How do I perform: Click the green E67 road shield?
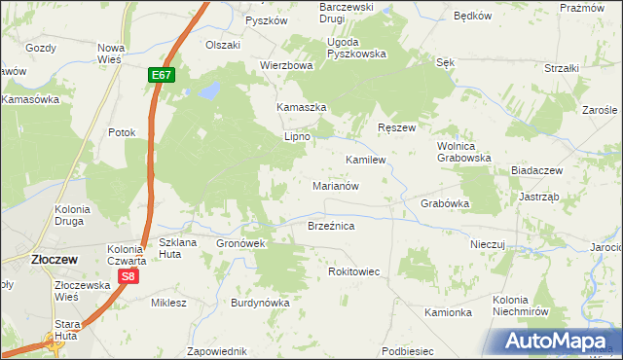162,75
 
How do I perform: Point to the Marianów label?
337,185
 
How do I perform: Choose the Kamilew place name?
366,158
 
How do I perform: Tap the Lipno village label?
296,137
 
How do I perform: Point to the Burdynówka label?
260,303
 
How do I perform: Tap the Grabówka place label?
445,204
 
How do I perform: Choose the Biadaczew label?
537,170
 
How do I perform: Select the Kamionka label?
448,312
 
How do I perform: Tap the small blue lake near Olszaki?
206,92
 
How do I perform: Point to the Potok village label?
122,132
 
